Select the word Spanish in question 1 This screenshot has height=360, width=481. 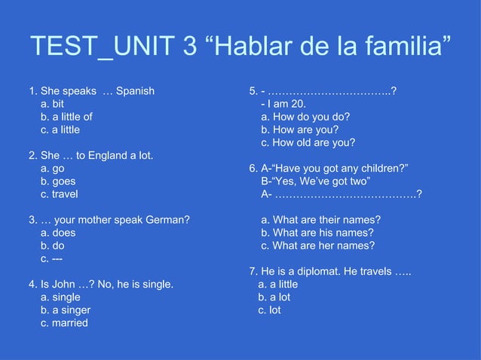(x=136, y=91)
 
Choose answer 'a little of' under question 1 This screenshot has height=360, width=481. (x=66, y=117)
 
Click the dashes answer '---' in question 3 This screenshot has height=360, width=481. (x=52, y=258)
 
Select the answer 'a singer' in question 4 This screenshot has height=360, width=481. (x=66, y=310)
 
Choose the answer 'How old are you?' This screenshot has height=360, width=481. (x=308, y=142)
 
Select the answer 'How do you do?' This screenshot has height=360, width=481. (x=305, y=117)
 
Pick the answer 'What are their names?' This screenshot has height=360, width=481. (x=320, y=220)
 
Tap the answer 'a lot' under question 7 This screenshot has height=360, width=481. (x=274, y=297)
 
